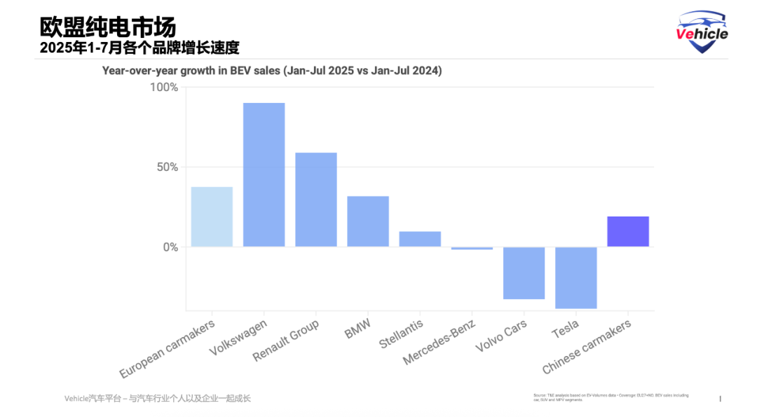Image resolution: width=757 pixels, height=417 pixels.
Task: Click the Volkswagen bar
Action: pyautogui.click(x=264, y=175)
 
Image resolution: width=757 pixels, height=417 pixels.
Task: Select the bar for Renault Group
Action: pyautogui.click(x=315, y=200)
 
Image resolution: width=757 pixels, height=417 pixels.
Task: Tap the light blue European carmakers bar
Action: pyautogui.click(x=212, y=217)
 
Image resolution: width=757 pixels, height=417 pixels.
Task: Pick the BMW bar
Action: pyautogui.click(x=368, y=221)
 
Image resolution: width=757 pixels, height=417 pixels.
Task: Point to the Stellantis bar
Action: pyautogui.click(x=420, y=239)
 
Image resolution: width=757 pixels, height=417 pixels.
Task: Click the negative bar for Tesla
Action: pyautogui.click(x=575, y=278)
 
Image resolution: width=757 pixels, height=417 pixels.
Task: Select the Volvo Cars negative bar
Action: pyautogui.click(x=524, y=273)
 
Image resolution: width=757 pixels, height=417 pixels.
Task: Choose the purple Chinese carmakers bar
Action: pyautogui.click(x=627, y=231)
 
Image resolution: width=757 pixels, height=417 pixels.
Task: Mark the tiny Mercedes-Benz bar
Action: pyautogui.click(x=472, y=248)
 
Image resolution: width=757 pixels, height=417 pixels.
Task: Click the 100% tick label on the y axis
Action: pyautogui.click(x=164, y=88)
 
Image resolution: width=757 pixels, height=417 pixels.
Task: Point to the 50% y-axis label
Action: pyautogui.click(x=167, y=168)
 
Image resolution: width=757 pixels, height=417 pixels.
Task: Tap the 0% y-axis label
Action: pyautogui.click(x=170, y=247)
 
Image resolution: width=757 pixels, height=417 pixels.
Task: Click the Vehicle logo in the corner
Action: pyautogui.click(x=702, y=32)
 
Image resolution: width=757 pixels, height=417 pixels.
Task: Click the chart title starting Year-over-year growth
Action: pyautogui.click(x=272, y=71)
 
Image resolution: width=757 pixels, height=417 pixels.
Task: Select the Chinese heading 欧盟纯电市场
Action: pyautogui.click(x=108, y=27)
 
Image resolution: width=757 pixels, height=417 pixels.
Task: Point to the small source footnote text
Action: pyautogui.click(x=610, y=397)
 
